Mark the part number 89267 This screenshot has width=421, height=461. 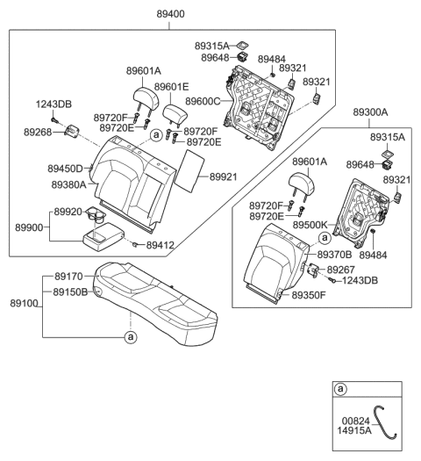click(x=343, y=269)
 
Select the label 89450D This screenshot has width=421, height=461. click(x=65, y=168)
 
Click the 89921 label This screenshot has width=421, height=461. click(x=223, y=176)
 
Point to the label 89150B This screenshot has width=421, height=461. click(x=70, y=292)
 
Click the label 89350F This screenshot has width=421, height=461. click(x=308, y=296)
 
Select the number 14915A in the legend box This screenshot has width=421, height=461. click(x=356, y=432)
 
